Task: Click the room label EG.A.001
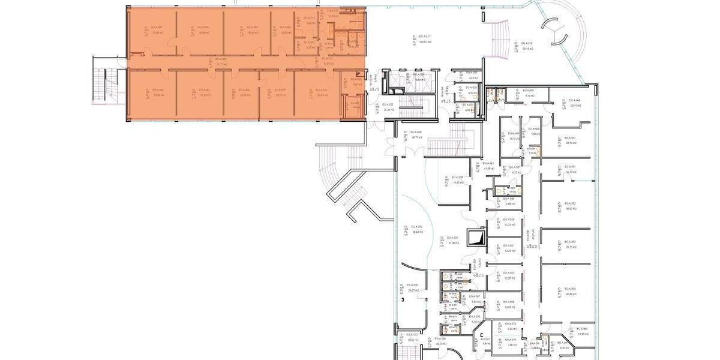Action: coord(157,28)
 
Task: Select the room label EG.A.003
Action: coord(252,28)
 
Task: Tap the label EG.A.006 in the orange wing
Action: coord(158,89)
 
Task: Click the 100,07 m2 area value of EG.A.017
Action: coord(426,42)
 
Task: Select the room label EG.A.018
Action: coord(528,44)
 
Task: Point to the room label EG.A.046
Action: coord(575,100)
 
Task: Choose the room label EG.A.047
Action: coord(570,137)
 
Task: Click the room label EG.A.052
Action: coord(570,203)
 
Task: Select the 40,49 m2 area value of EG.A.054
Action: coord(570,294)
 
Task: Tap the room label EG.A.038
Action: coord(416,131)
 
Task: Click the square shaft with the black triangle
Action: coord(479,238)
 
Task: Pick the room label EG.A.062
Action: coord(509,273)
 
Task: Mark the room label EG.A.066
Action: coord(509,301)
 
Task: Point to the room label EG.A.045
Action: coord(529,90)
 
